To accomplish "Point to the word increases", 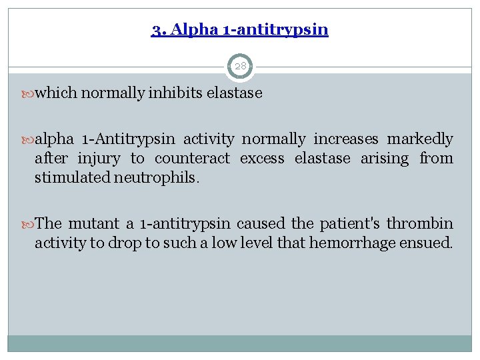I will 346,139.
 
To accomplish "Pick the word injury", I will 99,159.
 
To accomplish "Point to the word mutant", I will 94,223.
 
